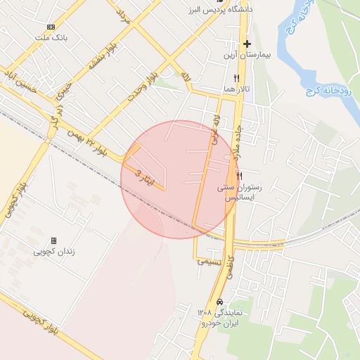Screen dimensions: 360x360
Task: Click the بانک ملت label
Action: click(x=55, y=38)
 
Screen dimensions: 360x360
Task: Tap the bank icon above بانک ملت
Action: click(x=51, y=27)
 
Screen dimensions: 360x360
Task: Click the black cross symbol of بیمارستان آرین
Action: click(x=247, y=44)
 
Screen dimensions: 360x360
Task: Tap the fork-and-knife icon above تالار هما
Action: click(x=237, y=78)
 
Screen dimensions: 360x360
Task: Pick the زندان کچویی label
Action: click(x=56, y=251)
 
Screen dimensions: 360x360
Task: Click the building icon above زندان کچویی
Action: click(x=53, y=240)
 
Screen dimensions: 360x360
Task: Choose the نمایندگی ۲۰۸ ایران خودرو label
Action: click(x=220, y=317)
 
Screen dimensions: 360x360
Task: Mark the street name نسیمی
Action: click(x=209, y=260)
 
